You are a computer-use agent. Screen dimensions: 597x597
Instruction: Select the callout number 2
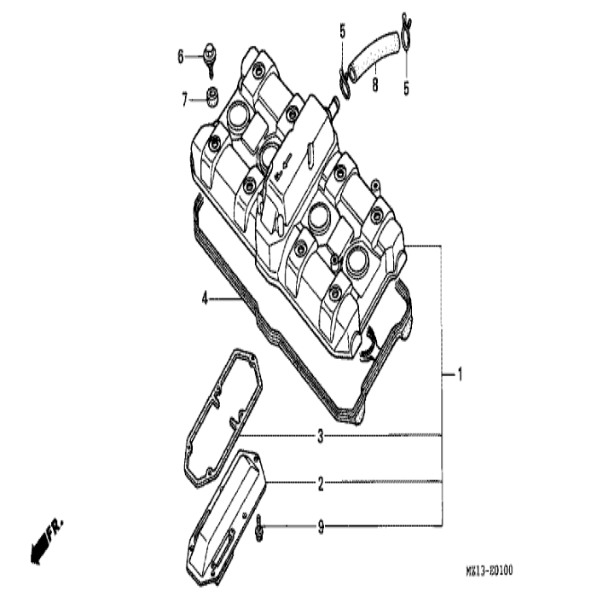click(321, 484)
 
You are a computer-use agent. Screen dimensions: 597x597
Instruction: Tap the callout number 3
click(321, 437)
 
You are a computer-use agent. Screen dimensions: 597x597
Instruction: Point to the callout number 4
click(205, 298)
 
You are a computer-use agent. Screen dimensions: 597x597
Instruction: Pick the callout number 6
click(181, 56)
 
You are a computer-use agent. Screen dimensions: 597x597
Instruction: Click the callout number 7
click(183, 101)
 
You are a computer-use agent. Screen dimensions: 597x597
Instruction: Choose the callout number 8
click(374, 84)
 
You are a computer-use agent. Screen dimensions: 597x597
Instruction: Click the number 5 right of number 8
click(406, 87)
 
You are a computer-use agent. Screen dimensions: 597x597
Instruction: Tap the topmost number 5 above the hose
click(342, 32)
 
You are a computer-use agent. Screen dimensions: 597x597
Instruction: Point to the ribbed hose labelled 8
click(373, 56)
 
